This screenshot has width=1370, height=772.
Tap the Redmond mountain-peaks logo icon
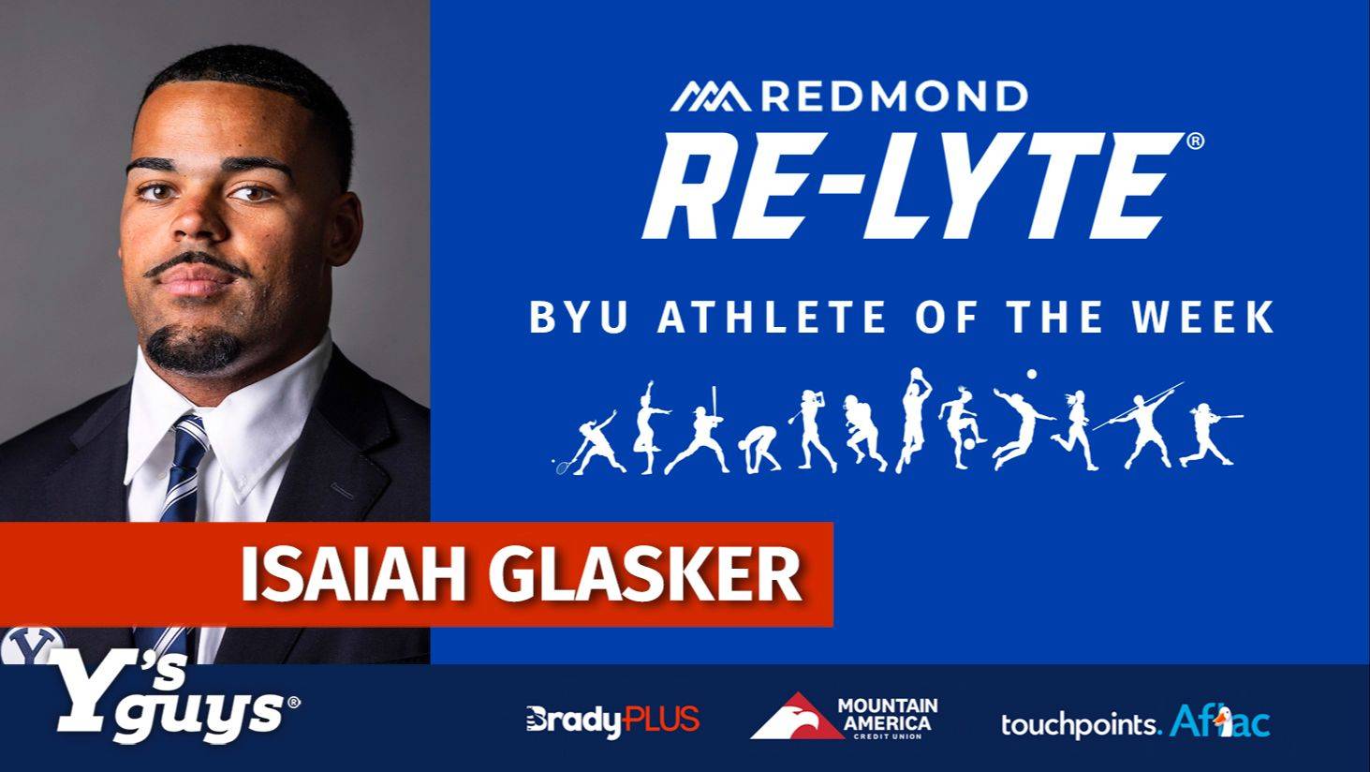point(710,96)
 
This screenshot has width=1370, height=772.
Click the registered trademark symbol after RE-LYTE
point(1195,141)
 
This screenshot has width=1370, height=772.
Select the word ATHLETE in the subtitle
point(772,317)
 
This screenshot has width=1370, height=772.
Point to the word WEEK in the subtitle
point(1202,317)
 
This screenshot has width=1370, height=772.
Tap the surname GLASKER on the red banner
point(644,575)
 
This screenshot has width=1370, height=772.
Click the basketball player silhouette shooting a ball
point(914,420)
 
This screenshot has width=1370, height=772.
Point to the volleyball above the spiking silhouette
point(1032,374)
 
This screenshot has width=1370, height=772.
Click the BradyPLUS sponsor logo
point(612,720)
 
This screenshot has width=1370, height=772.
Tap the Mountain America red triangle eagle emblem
point(797,716)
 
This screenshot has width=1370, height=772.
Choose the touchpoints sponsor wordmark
point(1080,725)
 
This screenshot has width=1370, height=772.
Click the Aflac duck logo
point(1220,721)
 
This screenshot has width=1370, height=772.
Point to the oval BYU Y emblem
point(34,645)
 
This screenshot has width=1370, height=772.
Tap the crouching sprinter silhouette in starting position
point(759,450)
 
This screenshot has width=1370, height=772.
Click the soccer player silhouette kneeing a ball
point(962,427)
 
